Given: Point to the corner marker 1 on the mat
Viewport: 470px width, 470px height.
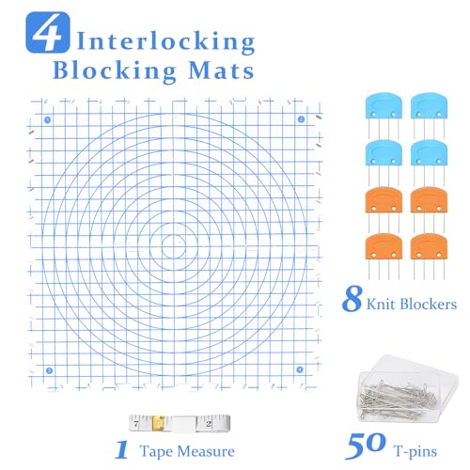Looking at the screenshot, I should (47, 119).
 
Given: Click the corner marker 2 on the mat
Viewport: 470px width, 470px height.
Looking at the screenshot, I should (301, 119).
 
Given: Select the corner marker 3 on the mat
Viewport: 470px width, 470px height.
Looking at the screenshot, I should (48, 370).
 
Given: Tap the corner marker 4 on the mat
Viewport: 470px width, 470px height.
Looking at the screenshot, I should (301, 370).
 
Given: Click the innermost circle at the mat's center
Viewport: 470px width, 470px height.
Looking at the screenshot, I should (174, 245).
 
